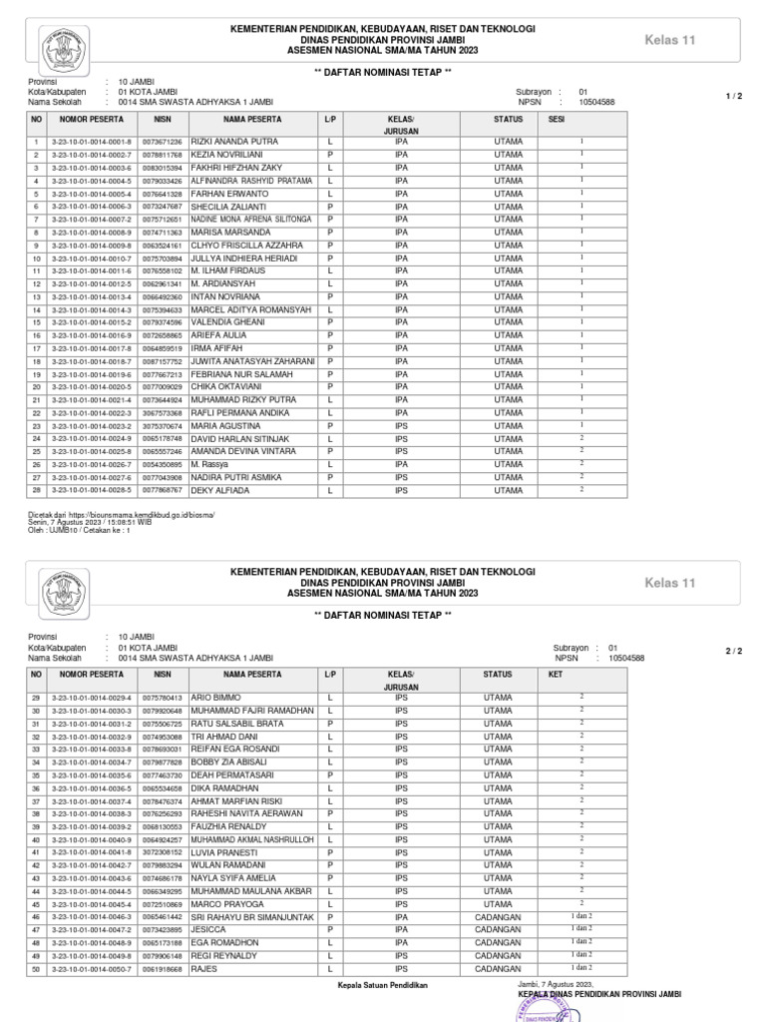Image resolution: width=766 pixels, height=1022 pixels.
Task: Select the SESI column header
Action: [x=556, y=119]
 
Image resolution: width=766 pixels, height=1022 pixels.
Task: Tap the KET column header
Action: [x=556, y=675]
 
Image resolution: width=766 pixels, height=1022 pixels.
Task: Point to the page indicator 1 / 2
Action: [x=734, y=96]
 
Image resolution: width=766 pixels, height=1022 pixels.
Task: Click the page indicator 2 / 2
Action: [x=734, y=651]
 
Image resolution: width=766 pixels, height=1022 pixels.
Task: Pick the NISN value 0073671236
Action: [x=162, y=143]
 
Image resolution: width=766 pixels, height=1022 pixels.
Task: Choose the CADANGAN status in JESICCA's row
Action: [x=498, y=929]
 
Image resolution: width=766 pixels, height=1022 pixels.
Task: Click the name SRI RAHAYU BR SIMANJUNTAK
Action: [x=252, y=916]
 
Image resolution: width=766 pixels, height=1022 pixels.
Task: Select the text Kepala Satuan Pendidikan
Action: [x=383, y=985]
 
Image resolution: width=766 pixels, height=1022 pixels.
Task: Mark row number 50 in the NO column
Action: [x=35, y=968]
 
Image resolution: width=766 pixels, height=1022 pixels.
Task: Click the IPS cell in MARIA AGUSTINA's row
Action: [x=401, y=425]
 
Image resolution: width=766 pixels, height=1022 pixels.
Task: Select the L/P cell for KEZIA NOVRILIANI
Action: [x=329, y=156]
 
